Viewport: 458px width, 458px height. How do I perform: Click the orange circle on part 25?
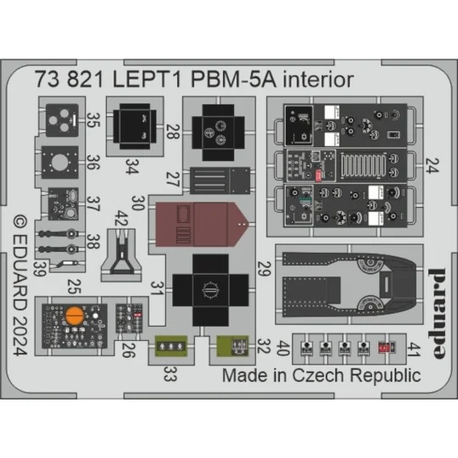74,318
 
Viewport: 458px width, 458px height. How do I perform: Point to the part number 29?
264,271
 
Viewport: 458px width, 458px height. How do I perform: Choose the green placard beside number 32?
227,346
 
